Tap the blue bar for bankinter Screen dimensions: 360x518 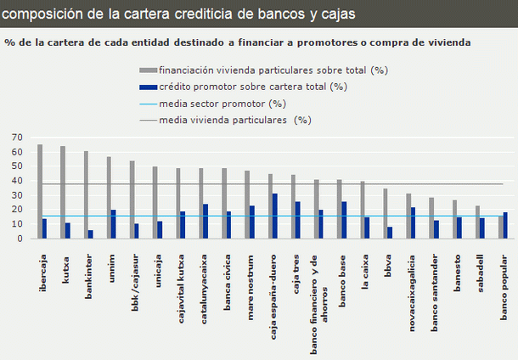pyautogui.click(x=91, y=234)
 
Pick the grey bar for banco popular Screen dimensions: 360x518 pyautogui.click(x=501, y=227)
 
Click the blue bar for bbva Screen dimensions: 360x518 pyautogui.click(x=390, y=233)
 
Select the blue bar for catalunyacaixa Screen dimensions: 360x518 pyautogui.click(x=206, y=221)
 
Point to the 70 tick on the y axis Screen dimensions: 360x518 pyautogui.click(x=17, y=137)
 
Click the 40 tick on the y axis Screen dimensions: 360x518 pyautogui.click(x=17, y=181)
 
